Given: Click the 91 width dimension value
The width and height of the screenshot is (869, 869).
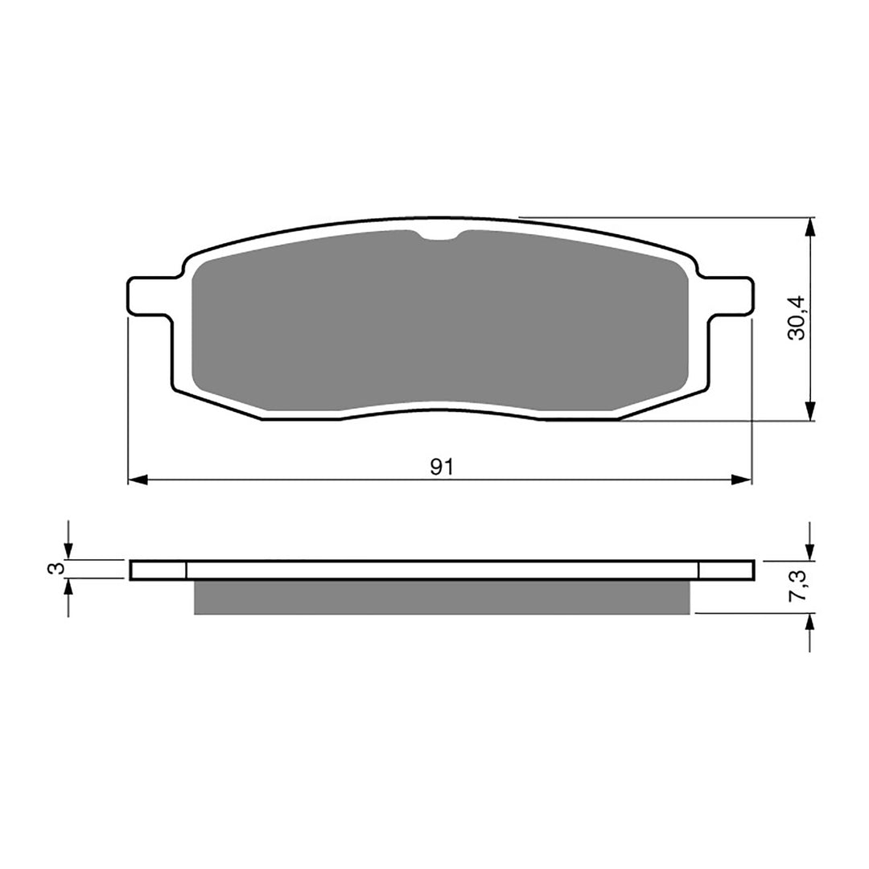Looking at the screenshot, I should point(439,467).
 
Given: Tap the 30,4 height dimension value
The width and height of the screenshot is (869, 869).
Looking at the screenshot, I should point(796,318).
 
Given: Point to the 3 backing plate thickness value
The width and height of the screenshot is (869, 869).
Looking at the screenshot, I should point(55,569).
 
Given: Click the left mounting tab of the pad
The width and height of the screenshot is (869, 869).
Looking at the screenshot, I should point(149,295).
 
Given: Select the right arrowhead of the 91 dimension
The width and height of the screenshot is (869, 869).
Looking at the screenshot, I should point(741,480).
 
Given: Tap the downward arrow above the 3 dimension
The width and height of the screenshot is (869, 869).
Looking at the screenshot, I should point(68,550).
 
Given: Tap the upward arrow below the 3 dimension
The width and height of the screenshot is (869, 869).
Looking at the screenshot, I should point(68,588).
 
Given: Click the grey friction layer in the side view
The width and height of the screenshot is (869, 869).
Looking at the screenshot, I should point(442,597).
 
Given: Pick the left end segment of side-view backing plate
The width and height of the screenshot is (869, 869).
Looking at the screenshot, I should point(158,570).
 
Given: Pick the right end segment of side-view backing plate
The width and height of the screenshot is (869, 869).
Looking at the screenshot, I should point(726,570).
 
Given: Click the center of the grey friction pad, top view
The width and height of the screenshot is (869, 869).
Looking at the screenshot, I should point(441,322).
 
